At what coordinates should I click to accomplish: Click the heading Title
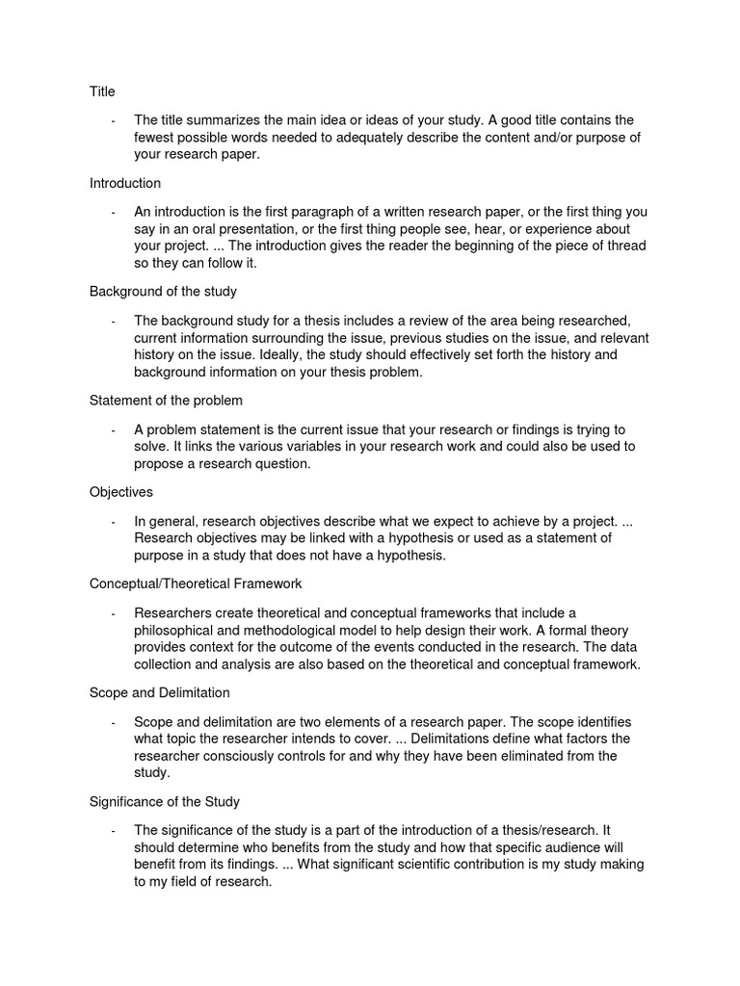click(102, 91)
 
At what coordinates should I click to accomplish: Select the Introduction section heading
click(125, 183)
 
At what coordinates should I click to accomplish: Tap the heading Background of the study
click(163, 291)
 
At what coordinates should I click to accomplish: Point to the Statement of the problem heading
click(166, 400)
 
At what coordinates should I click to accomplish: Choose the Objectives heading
click(121, 491)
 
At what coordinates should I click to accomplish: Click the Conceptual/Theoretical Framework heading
click(196, 584)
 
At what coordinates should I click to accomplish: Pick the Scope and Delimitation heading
click(159, 692)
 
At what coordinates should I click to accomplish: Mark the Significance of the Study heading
click(165, 801)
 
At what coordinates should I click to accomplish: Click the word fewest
click(156, 138)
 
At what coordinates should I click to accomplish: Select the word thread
click(625, 246)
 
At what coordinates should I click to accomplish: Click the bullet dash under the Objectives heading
click(114, 522)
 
